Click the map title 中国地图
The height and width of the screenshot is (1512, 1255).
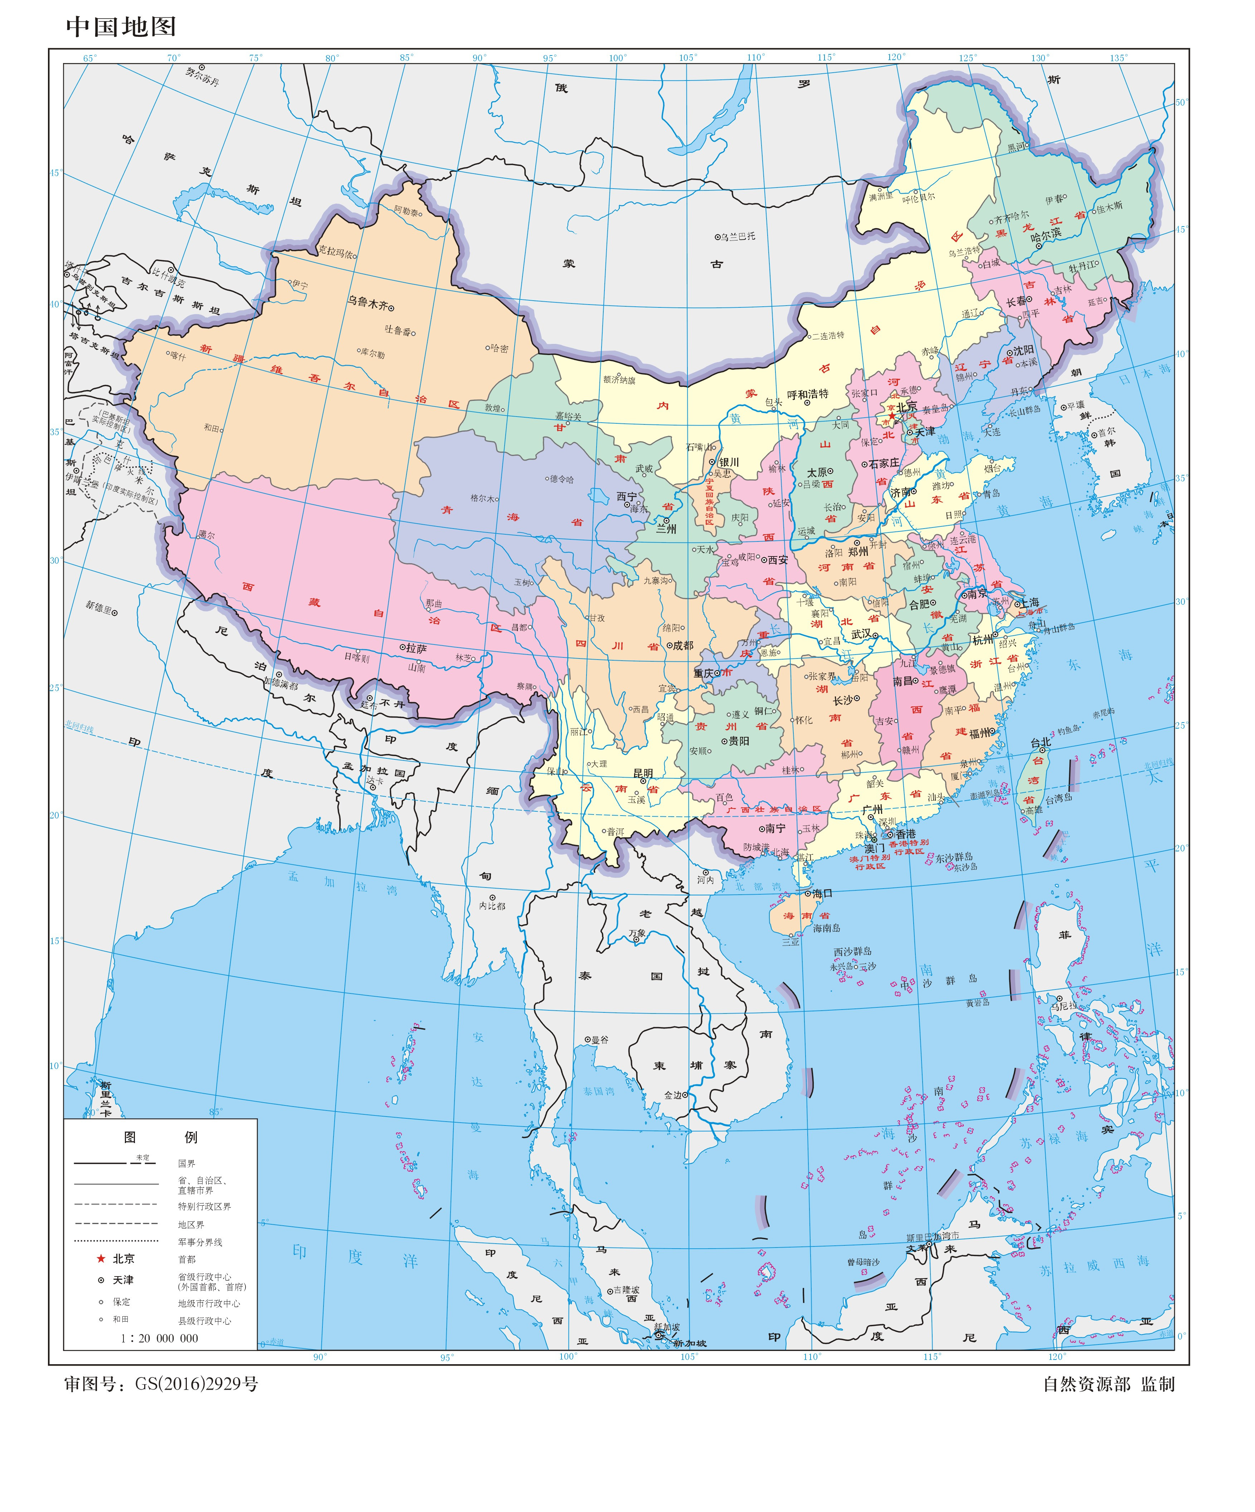pos(121,26)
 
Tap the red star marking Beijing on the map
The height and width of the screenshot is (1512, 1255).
pos(891,416)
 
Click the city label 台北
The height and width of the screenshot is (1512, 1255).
pos(1040,742)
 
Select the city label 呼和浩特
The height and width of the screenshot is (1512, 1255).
pos(807,394)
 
